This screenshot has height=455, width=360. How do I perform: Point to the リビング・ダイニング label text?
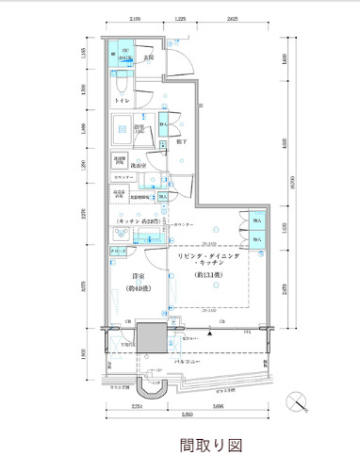209,256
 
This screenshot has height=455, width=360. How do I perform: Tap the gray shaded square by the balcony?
150,336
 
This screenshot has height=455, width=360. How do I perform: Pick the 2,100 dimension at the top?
136,20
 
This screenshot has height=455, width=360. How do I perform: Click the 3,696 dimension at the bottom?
218,407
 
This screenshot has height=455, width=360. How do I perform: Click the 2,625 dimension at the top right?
232,20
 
